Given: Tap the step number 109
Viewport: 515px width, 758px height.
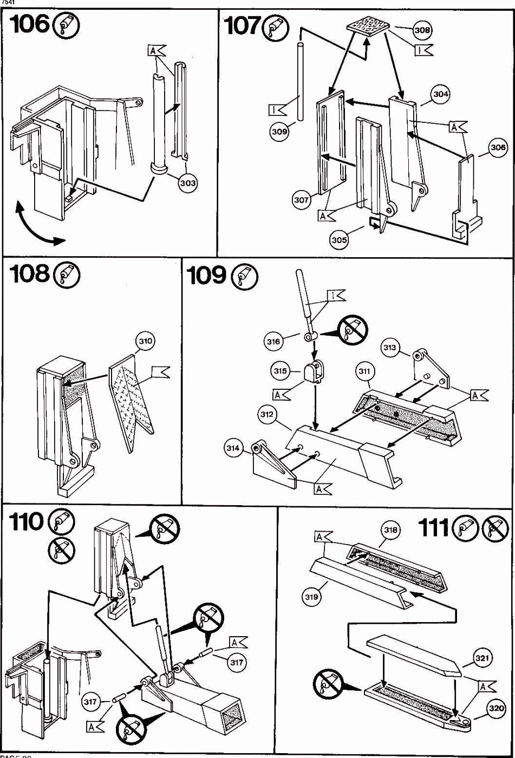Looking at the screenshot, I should pyautogui.click(x=206, y=276).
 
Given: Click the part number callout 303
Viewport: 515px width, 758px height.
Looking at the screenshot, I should pyautogui.click(x=187, y=183).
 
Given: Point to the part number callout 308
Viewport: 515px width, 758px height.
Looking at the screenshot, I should pyautogui.click(x=422, y=30).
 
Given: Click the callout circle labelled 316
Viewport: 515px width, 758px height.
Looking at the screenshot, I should pyautogui.click(x=274, y=341).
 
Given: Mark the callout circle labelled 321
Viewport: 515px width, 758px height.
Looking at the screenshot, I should pyautogui.click(x=482, y=658).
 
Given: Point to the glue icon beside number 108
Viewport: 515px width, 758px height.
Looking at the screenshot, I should pyautogui.click(x=69, y=275).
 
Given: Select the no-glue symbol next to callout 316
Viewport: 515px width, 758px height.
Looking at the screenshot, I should pyautogui.click(x=353, y=330).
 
